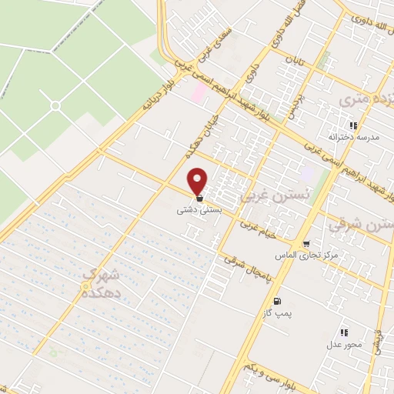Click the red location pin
tap(199, 181)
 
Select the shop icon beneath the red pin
tap(199, 198)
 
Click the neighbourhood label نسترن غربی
tap(266, 196)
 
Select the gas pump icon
tap(277, 301)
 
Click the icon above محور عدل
tap(344, 332)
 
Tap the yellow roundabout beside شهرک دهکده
tap(85, 287)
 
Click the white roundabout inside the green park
tap(55, 105)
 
